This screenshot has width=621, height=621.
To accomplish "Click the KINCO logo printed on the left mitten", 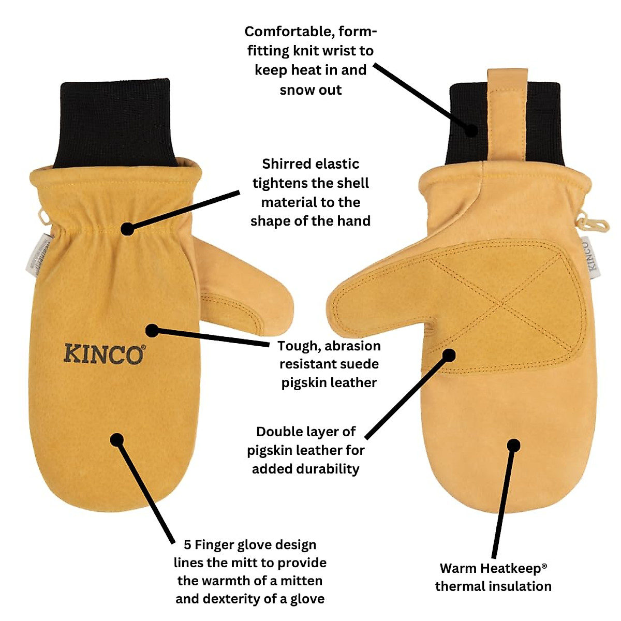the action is (x=103, y=354).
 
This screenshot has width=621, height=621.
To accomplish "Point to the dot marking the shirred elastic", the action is (x=127, y=229).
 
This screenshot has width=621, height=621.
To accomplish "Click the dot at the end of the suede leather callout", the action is (x=151, y=330).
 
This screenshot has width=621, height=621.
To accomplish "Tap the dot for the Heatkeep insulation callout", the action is (x=513, y=445).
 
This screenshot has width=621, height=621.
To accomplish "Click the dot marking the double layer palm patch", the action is (x=449, y=355).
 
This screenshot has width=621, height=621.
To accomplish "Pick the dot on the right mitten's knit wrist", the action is (x=471, y=129).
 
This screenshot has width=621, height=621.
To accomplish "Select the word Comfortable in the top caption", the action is (x=290, y=32).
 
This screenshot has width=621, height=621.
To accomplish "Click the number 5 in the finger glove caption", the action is (x=187, y=545).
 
